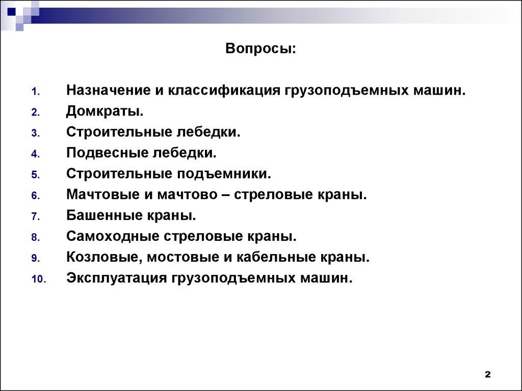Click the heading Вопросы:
pyautogui.click(x=260, y=49)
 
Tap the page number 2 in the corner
pyautogui.click(x=487, y=375)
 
